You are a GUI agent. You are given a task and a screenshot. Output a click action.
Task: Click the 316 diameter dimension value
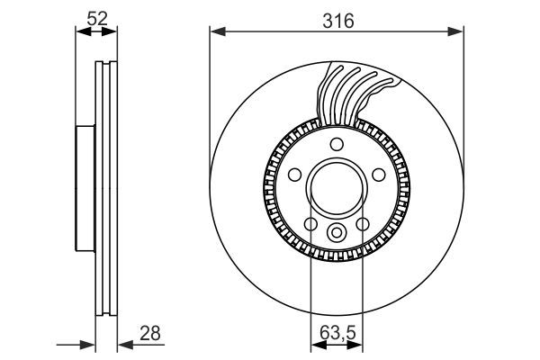pyautogui.click(x=337, y=19)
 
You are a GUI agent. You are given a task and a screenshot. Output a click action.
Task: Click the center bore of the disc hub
pyautogui.click(x=336, y=189)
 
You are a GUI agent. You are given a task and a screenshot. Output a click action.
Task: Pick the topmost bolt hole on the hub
pyautogui.click(x=336, y=145)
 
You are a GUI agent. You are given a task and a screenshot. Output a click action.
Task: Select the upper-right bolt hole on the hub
pyautogui.click(x=378, y=175)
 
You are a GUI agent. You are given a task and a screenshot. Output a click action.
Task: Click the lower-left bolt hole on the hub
pyautogui.click(x=310, y=224)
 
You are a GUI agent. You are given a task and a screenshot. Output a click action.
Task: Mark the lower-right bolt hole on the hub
pyautogui.click(x=362, y=224)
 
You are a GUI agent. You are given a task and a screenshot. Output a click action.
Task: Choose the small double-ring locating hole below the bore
pyautogui.click(x=336, y=234)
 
